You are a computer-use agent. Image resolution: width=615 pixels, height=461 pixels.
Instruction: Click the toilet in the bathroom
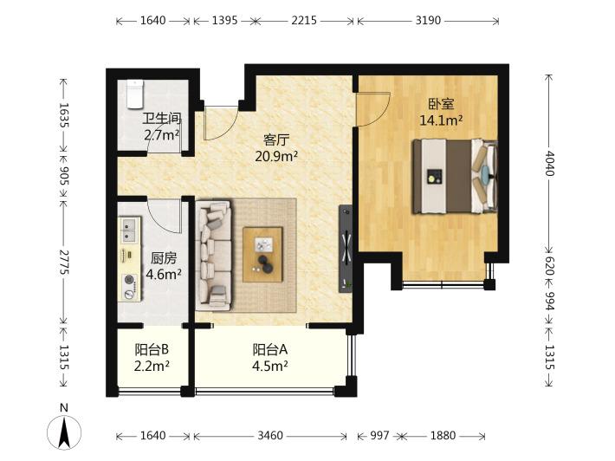tap(135, 94)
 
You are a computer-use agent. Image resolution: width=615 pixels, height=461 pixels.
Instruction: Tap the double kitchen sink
tap(130, 230)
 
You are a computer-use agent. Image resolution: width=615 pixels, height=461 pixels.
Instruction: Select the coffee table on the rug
tap(262, 254)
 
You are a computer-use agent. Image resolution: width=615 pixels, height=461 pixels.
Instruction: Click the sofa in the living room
tap(214, 254)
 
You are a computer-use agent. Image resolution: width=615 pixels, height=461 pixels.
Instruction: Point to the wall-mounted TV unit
tap(346, 248)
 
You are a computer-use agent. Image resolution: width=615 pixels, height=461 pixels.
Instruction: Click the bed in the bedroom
tap(455, 176)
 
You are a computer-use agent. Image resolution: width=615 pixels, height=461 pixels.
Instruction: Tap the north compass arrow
tap(64, 432)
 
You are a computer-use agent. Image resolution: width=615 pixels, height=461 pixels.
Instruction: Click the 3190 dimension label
tap(428, 21)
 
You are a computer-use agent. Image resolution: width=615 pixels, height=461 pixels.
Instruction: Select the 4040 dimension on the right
tap(549, 163)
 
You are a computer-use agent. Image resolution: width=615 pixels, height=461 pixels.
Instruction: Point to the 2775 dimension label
tap(63, 262)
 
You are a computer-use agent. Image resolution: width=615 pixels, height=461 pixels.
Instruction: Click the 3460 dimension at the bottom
tap(270, 436)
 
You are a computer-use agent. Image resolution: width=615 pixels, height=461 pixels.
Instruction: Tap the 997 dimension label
tap(379, 436)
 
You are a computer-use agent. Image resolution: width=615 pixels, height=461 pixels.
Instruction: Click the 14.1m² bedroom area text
tap(441, 120)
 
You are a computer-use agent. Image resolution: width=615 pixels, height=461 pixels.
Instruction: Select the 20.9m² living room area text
tap(276, 157)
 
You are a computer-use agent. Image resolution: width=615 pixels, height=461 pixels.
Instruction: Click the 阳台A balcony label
tap(270, 349)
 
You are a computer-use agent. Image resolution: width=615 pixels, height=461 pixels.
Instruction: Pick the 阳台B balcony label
tap(152, 349)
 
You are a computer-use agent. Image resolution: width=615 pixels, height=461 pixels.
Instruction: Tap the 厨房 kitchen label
tap(164, 257)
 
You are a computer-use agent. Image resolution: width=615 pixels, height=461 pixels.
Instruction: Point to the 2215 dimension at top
tap(304, 21)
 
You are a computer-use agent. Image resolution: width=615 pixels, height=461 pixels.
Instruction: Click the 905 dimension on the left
tap(63, 176)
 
